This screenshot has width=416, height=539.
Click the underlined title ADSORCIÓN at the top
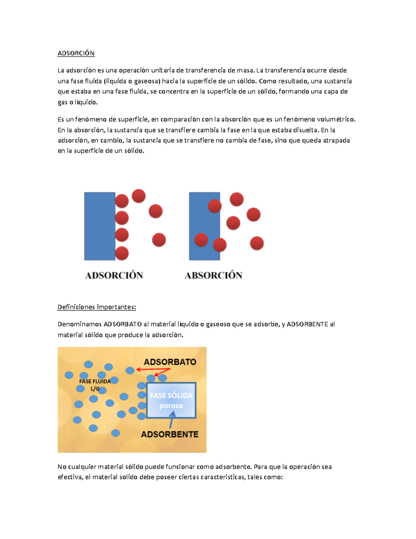tap(76, 53)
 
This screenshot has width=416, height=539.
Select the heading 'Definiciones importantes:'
tap(97, 307)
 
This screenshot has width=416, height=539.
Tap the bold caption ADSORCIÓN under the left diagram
tap(114, 276)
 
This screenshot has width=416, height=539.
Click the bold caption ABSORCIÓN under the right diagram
tap(214, 276)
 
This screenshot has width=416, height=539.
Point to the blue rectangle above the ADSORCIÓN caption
tap(99, 226)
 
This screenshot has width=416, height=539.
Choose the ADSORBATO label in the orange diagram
tap(170, 362)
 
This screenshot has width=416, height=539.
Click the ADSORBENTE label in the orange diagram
tap(170, 434)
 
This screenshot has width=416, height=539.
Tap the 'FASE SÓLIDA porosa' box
tap(171, 400)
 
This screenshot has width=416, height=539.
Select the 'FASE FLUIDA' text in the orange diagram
tap(95, 381)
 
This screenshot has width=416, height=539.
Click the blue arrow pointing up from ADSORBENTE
tap(171, 420)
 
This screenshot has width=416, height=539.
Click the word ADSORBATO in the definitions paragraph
tap(123, 324)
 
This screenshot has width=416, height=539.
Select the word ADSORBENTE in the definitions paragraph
tap(307, 324)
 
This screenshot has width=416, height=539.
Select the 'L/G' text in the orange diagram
tap(95, 389)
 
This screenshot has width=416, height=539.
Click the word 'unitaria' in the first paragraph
tap(163, 70)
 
